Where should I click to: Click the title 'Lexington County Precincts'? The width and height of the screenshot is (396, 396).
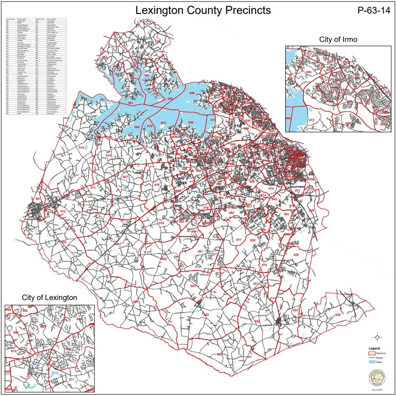coord(202,10)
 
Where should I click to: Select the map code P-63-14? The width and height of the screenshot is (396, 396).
coord(372,11)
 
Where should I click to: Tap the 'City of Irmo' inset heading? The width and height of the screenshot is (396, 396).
coord(338,39)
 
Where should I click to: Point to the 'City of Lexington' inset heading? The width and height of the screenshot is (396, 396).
coord(49,297)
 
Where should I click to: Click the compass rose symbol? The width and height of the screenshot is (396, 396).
coord(377,337)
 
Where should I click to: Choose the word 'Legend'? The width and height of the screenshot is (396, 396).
coord(374,348)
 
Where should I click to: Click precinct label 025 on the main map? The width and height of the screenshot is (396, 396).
coord(338,315)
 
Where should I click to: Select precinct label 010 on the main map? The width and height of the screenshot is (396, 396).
coord(81,148)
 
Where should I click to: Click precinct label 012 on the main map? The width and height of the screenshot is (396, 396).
coord(62,212)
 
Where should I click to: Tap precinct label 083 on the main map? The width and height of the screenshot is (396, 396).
coord(206,315)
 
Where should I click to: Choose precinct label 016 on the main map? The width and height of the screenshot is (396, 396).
coord(161,224)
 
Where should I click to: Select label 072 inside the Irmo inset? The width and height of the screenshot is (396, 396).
coord(312,120)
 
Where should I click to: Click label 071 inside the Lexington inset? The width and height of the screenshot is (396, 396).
coord(71,380)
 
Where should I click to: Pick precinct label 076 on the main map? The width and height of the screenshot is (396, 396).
coord(149,126)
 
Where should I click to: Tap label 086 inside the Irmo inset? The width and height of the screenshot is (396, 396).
coord(309,72)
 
